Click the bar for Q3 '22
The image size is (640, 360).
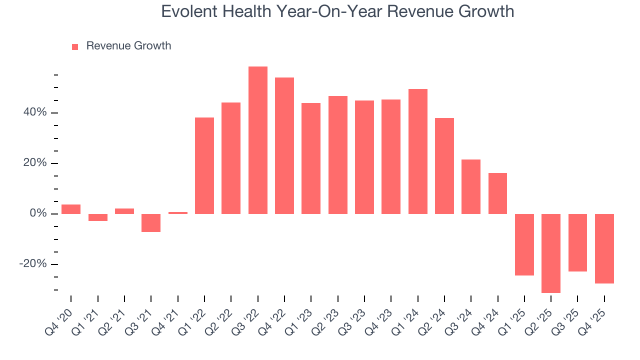257,140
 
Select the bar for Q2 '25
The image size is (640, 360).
551,253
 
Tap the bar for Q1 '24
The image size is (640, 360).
417,151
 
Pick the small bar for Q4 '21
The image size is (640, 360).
177,213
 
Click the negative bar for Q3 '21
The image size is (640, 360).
151,223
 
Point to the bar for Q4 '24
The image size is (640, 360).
497,193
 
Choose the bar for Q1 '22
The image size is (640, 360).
204,165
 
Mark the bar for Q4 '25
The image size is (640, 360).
604,248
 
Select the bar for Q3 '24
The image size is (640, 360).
471,186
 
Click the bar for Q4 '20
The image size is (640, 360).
71,209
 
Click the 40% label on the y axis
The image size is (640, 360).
34,112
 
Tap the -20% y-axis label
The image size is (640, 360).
33,264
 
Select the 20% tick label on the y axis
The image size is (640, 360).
34,163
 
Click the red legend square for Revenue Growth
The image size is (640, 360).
75,46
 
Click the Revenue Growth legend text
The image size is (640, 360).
128,46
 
